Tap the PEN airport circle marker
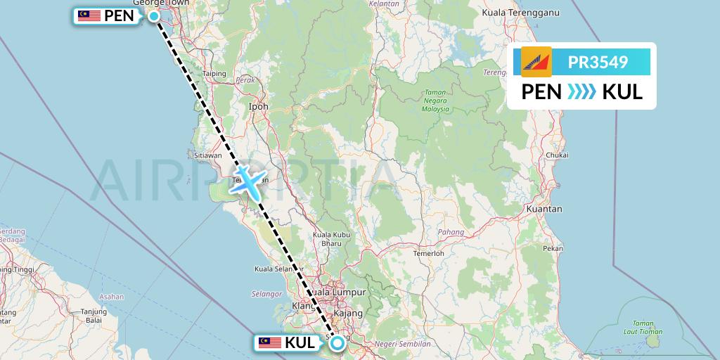coord(153,15)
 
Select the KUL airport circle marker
coord(337,342)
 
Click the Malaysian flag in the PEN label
coord(89,16)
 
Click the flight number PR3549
coord(598,63)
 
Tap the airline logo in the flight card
coord(536,62)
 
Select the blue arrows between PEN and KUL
coord(581,92)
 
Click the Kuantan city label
coord(544,209)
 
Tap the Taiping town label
coord(214,73)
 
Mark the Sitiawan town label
coord(208,155)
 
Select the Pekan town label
coord(553,248)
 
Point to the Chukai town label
coord(556,155)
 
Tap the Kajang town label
coord(349,312)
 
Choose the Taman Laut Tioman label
coord(643,328)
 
